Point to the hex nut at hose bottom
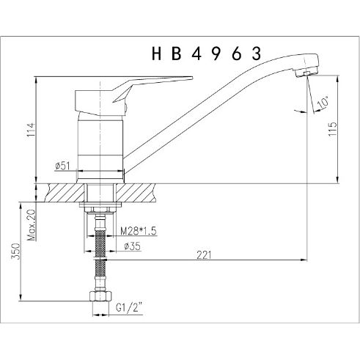tap(100, 298)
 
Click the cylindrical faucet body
tap(100, 139)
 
